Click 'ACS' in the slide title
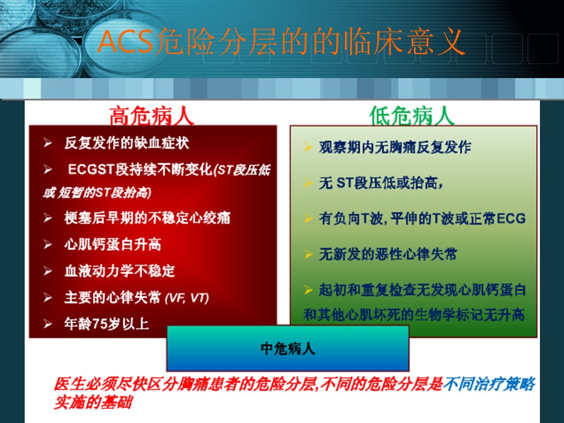tap(125, 42)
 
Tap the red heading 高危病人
tap(152, 116)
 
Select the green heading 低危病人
tap(412, 116)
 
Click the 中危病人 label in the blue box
tap(288, 348)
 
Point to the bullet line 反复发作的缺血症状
tap(127, 143)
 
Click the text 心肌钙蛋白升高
tap(113, 244)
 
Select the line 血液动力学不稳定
tap(119, 271)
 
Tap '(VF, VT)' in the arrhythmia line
tap(187, 298)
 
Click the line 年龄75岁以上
tap(106, 324)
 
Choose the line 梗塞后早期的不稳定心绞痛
tap(147, 217)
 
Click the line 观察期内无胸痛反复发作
tap(395, 147)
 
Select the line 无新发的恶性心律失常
tap(388, 254)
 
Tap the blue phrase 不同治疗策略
tap(489, 384)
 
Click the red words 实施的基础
tap(93, 402)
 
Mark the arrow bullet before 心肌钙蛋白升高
tap(48, 245)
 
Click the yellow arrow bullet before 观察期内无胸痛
tap(308, 147)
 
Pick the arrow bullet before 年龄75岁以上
tap(48, 324)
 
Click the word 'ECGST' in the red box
tap(91, 169)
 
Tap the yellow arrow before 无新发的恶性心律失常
tap(308, 254)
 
